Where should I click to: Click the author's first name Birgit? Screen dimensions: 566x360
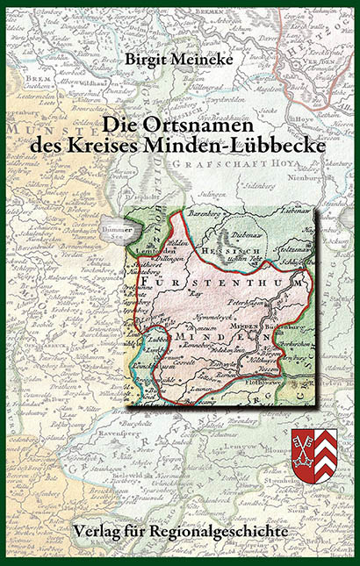click(x=145, y=60)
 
